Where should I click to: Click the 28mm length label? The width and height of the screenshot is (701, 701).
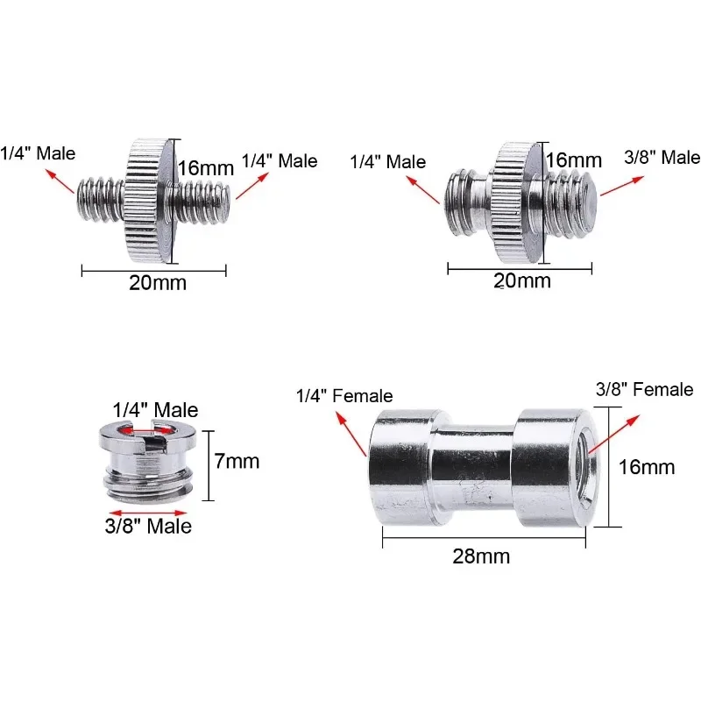[x=481, y=556]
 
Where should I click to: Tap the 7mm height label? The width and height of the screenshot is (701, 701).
[x=237, y=462]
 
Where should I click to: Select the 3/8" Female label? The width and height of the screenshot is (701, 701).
[x=644, y=389]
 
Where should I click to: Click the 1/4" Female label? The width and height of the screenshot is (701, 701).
[x=344, y=396]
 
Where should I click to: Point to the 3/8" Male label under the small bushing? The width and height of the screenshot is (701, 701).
[x=148, y=526]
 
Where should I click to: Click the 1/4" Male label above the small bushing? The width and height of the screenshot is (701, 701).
[x=155, y=410]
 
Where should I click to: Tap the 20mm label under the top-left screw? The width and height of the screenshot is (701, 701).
[x=158, y=283]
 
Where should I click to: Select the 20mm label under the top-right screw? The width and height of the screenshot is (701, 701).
[x=521, y=280]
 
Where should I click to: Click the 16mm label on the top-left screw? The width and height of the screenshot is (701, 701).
[x=206, y=168]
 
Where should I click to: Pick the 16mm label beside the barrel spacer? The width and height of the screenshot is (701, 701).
[x=647, y=467]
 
